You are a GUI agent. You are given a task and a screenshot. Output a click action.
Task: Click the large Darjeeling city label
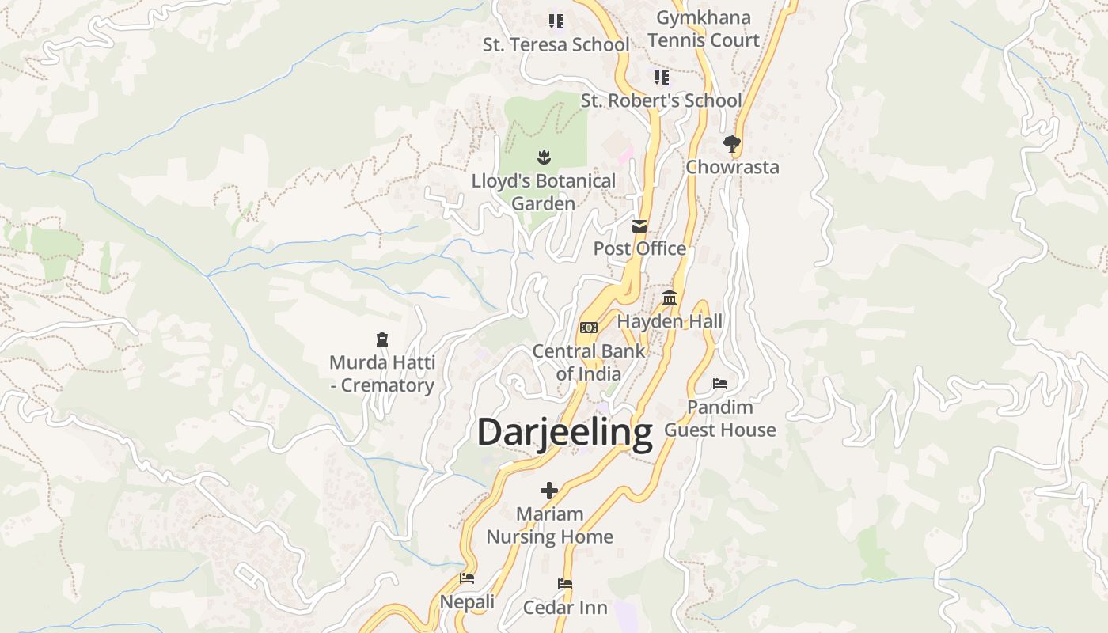[564, 433]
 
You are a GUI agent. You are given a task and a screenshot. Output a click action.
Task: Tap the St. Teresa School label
[556, 45]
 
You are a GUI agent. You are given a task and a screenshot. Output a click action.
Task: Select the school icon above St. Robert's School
[661, 78]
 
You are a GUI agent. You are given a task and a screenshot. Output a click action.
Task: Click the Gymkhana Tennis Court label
[703, 28]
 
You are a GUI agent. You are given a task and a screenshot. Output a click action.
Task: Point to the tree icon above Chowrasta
[731, 144]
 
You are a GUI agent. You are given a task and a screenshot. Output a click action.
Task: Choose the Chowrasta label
[732, 167]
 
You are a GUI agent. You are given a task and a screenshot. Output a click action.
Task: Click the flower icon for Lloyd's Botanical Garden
[543, 157]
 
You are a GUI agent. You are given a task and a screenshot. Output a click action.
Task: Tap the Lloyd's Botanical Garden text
[543, 192]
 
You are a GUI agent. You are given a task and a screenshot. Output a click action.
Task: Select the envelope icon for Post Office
[639, 226]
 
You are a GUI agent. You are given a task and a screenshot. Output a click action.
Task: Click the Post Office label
[639, 248]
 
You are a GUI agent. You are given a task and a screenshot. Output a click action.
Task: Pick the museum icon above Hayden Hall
[670, 298]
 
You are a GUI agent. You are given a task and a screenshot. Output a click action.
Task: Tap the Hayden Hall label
[670, 321]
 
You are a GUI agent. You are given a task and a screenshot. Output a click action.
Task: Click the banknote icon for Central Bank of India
[588, 327]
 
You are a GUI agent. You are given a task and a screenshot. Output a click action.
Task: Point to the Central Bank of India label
[588, 362]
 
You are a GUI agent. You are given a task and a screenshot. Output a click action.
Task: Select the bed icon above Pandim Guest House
[719, 384]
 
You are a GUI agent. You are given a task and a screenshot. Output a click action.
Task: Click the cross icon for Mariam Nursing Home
[549, 491]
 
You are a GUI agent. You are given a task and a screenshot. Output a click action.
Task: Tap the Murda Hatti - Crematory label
[382, 374]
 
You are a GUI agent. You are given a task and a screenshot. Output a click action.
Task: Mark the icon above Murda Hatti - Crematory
[382, 339]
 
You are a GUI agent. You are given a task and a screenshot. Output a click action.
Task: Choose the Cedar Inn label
[565, 608]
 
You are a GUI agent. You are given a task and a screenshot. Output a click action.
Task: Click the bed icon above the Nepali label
[467, 578]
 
